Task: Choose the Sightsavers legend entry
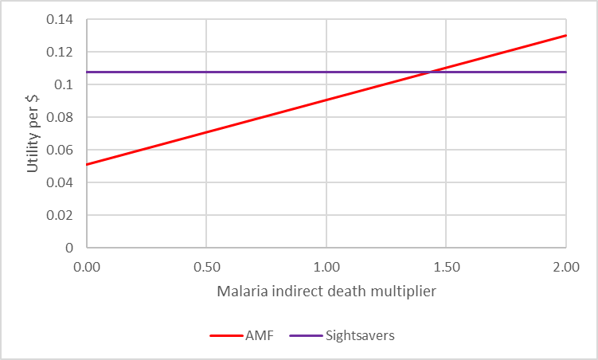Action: tap(359, 335)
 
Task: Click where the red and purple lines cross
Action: tap(430, 72)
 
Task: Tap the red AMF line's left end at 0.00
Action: tap(88, 165)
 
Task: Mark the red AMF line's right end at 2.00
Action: tap(565, 35)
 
